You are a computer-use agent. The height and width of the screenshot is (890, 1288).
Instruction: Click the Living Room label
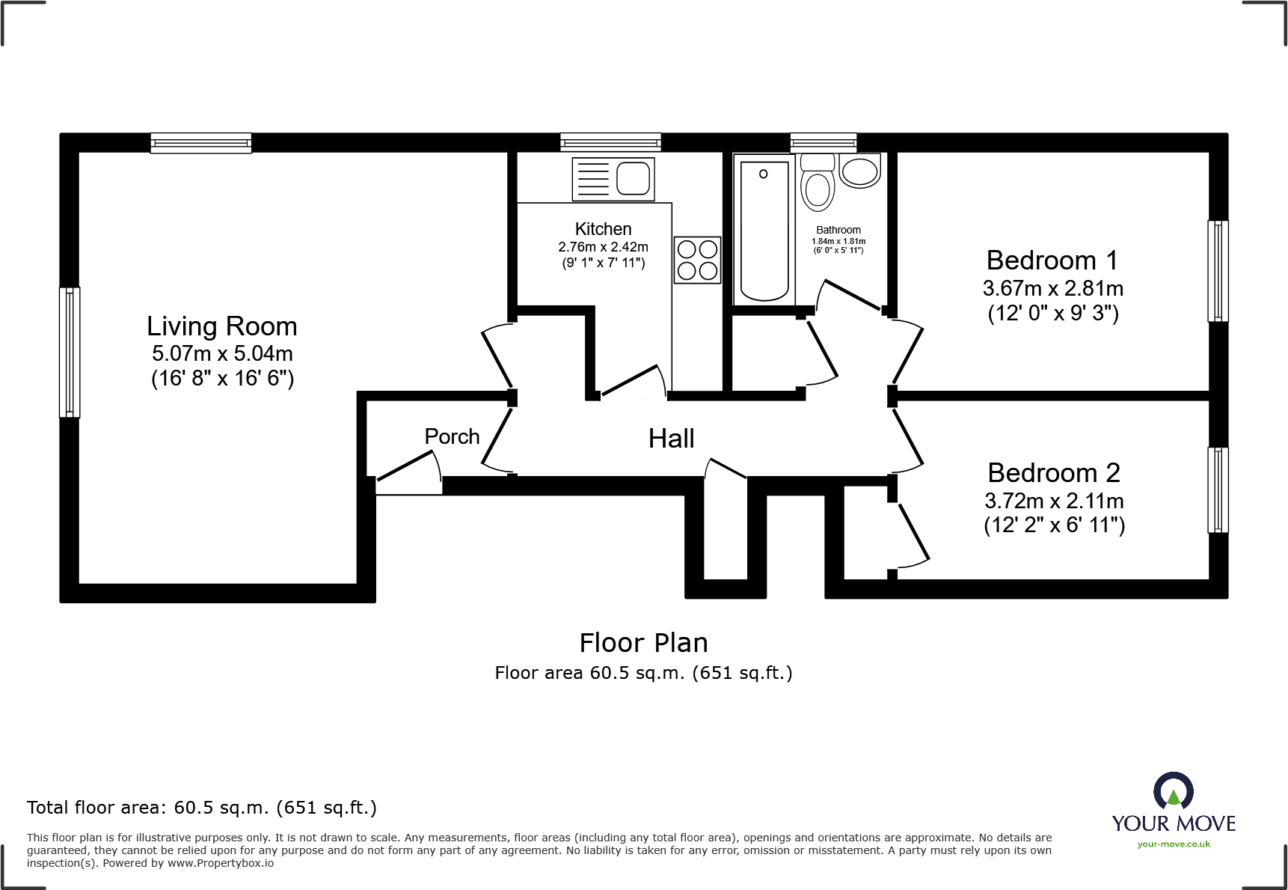tap(222, 326)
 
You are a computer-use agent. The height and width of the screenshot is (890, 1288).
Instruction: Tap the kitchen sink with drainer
tap(613, 179)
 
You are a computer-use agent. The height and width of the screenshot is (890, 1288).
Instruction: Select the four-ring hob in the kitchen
tap(697, 260)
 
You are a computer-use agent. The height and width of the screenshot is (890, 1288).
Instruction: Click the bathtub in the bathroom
tap(764, 230)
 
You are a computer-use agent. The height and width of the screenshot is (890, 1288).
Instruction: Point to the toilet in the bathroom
tap(818, 183)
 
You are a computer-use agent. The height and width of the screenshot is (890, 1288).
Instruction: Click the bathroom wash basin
tap(859, 171)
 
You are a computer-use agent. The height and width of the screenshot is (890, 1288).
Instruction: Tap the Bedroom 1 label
tap(1052, 260)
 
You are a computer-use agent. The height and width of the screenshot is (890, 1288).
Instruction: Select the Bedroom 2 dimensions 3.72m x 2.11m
tap(1054, 501)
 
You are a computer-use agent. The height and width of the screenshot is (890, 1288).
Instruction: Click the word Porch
tap(452, 436)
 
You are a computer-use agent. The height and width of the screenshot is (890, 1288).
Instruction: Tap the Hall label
tap(671, 439)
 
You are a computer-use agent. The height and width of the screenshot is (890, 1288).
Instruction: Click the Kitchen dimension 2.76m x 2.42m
tap(603, 247)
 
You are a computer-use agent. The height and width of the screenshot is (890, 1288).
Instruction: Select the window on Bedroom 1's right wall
tap(1218, 271)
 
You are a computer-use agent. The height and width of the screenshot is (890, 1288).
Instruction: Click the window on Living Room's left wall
tap(70, 352)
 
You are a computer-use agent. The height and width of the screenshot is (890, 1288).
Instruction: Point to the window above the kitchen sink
tap(610, 142)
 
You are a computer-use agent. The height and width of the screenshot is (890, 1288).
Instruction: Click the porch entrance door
tap(408, 477)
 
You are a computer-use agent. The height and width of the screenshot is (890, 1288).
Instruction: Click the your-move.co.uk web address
tap(1174, 844)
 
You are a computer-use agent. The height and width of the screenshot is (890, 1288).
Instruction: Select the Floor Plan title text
tap(643, 643)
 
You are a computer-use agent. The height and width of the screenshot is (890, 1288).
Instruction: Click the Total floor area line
tap(202, 808)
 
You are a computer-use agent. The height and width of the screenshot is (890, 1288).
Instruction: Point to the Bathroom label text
tap(838, 230)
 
